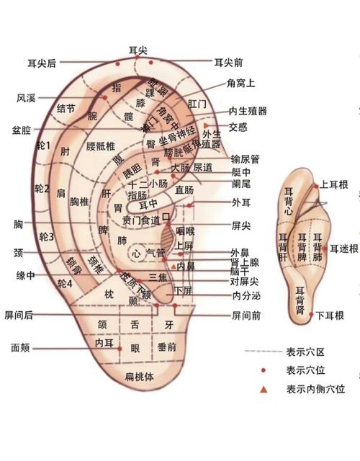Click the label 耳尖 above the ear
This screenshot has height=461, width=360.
point(138,50)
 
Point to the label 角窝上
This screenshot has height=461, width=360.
point(240,84)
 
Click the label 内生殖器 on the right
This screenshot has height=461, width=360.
point(248,111)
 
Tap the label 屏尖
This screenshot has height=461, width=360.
point(240,226)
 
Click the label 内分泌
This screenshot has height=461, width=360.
point(245,295)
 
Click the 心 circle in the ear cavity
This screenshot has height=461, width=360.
point(136,253)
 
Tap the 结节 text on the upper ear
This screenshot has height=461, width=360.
point(66,109)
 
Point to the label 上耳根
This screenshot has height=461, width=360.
point(333,185)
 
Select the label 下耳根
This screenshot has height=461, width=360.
point(329,315)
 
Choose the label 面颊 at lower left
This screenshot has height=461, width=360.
point(20,347)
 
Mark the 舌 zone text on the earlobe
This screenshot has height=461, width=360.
point(135,325)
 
